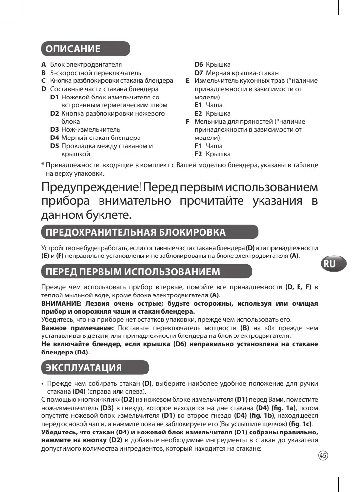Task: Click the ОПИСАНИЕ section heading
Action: [73, 49]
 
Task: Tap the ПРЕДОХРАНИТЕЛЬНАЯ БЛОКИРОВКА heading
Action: [135, 231]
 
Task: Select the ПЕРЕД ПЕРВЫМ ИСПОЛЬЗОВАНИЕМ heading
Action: [132, 271]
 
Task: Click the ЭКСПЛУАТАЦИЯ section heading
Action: [82, 367]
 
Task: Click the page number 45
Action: [322, 455]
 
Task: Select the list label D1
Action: [55, 98]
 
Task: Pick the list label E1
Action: [199, 105]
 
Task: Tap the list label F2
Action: [199, 154]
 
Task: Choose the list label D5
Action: [55, 146]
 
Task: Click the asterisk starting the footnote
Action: [43, 165]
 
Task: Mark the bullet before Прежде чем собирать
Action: [43, 383]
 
